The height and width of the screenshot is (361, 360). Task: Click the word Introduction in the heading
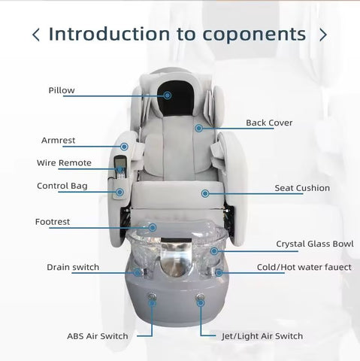point(109,34)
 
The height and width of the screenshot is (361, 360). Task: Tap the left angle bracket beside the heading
point(36,35)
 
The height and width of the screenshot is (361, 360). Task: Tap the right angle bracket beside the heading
point(323,35)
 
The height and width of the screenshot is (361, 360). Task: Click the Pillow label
point(62,90)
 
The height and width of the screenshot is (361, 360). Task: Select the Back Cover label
point(269,123)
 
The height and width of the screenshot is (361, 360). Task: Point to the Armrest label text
point(58,141)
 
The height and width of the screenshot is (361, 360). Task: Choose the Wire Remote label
point(64,163)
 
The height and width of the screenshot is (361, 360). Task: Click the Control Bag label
point(62,186)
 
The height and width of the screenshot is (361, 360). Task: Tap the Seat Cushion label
point(302,188)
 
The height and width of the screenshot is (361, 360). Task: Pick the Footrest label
point(53,222)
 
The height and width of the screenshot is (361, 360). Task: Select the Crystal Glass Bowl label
point(315,244)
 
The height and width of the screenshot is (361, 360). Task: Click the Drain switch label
point(73,267)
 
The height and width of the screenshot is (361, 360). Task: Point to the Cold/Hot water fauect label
point(304,267)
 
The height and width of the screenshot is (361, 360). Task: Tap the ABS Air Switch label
point(98,336)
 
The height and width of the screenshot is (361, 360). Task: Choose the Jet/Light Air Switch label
point(262,336)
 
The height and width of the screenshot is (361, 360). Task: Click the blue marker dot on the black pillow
point(168,96)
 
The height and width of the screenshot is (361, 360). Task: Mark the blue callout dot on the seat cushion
point(205,193)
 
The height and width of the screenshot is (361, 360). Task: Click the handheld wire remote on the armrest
point(120,167)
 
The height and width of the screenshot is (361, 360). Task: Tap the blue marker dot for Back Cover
point(199,129)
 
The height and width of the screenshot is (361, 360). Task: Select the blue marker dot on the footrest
point(153,228)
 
